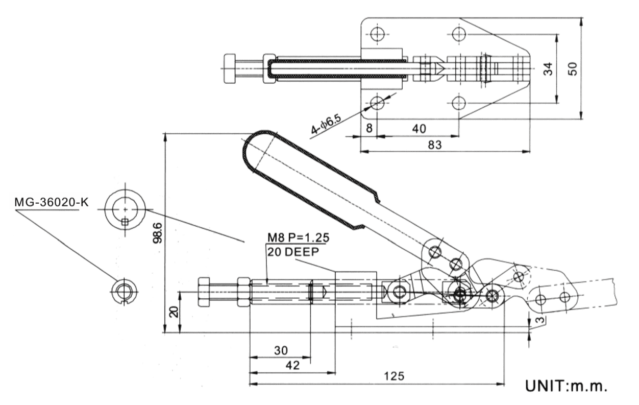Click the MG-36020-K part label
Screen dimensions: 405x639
click(x=52, y=202)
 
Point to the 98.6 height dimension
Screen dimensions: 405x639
click(x=158, y=232)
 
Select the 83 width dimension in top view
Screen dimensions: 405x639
click(x=435, y=145)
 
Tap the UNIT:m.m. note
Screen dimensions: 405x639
click(x=567, y=386)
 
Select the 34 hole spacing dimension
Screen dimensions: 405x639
click(x=548, y=68)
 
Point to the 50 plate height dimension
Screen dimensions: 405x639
click(x=573, y=68)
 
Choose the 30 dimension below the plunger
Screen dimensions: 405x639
click(x=281, y=350)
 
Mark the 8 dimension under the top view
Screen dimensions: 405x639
click(x=369, y=129)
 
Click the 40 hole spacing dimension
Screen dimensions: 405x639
click(x=419, y=129)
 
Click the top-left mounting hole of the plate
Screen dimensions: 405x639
click(x=377, y=35)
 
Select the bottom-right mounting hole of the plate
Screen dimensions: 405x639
click(x=459, y=103)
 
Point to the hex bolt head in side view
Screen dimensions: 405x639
click(x=203, y=292)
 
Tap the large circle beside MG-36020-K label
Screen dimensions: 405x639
click(x=125, y=209)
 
